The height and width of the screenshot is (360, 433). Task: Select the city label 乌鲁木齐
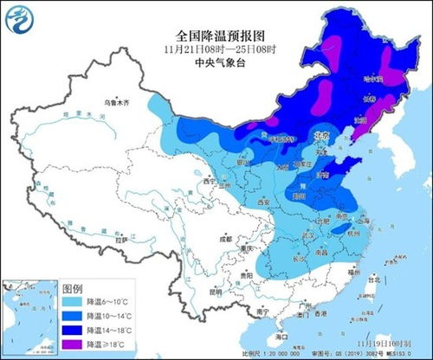pyautogui.click(x=116, y=103)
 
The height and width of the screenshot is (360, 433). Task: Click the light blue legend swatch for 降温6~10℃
pyautogui.click(x=75, y=304)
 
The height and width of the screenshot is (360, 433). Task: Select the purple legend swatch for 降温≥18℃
pyautogui.click(x=75, y=344)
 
